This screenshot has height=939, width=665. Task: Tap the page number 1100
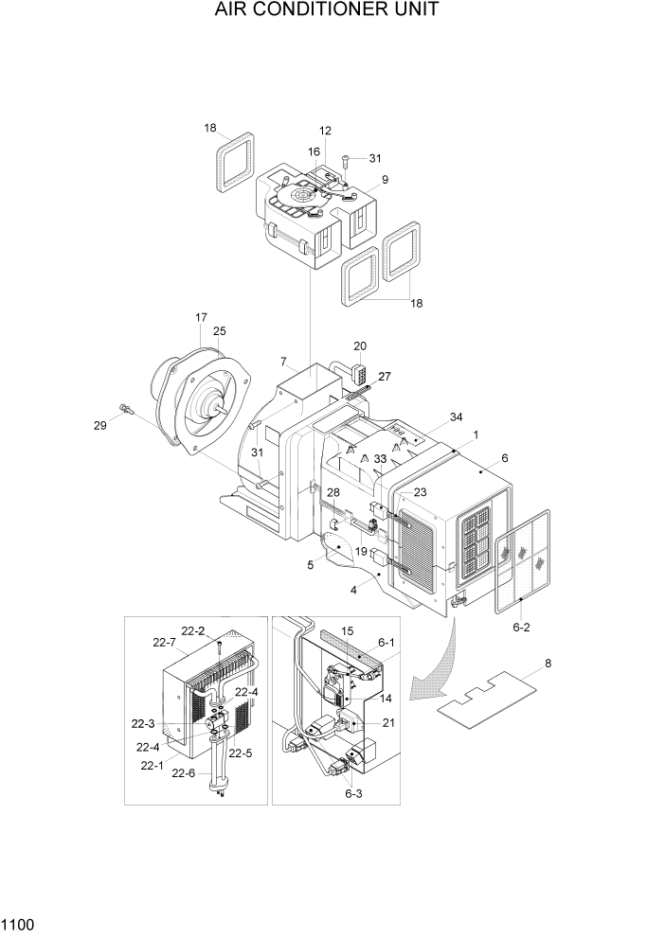click(19, 922)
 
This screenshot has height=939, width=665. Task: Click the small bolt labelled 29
click(125, 409)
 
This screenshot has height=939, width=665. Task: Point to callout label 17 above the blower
click(201, 318)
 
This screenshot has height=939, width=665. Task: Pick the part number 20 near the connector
click(360, 345)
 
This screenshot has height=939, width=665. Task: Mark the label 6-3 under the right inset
click(352, 793)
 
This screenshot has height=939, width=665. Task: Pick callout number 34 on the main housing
click(429, 417)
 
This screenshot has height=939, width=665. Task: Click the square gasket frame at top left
click(234, 160)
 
